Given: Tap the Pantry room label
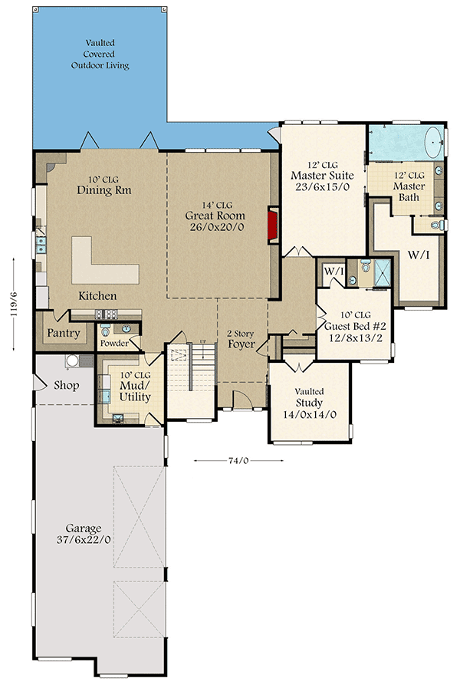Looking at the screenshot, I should coord(64,334).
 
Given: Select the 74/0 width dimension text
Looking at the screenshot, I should coord(237,460).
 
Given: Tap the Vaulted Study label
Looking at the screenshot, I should coord(309,403).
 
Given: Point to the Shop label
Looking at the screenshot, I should coord(67,385).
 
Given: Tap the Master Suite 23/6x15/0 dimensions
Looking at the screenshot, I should coord(322,187).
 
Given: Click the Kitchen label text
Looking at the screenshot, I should coord(97,295).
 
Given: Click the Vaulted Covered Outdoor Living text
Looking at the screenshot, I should coord(100,54).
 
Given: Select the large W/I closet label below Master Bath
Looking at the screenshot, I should coord(418,254).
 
